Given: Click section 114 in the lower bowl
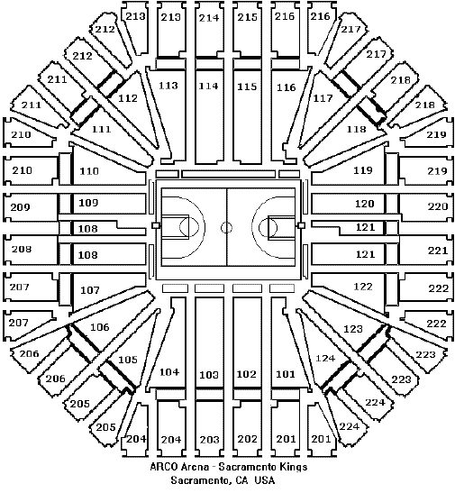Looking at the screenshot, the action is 209,86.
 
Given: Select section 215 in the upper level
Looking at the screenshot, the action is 247,17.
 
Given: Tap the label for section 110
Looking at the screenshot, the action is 89,171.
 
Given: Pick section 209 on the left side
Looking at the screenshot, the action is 21,207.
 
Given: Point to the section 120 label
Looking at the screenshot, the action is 365,204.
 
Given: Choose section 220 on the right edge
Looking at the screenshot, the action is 437,206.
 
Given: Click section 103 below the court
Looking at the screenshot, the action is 209,374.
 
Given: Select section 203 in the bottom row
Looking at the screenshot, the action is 209,439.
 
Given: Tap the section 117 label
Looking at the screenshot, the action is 323,98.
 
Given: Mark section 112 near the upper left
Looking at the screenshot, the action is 128,98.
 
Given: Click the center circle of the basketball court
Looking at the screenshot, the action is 226,227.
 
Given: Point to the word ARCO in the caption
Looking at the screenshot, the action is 163,467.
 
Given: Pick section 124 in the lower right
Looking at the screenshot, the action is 325,358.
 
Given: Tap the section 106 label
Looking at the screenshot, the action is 100,327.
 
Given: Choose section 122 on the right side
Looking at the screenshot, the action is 363,287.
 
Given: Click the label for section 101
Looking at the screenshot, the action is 286,374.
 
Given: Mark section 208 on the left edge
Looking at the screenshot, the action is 22,249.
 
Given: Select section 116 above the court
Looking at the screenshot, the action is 286,87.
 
